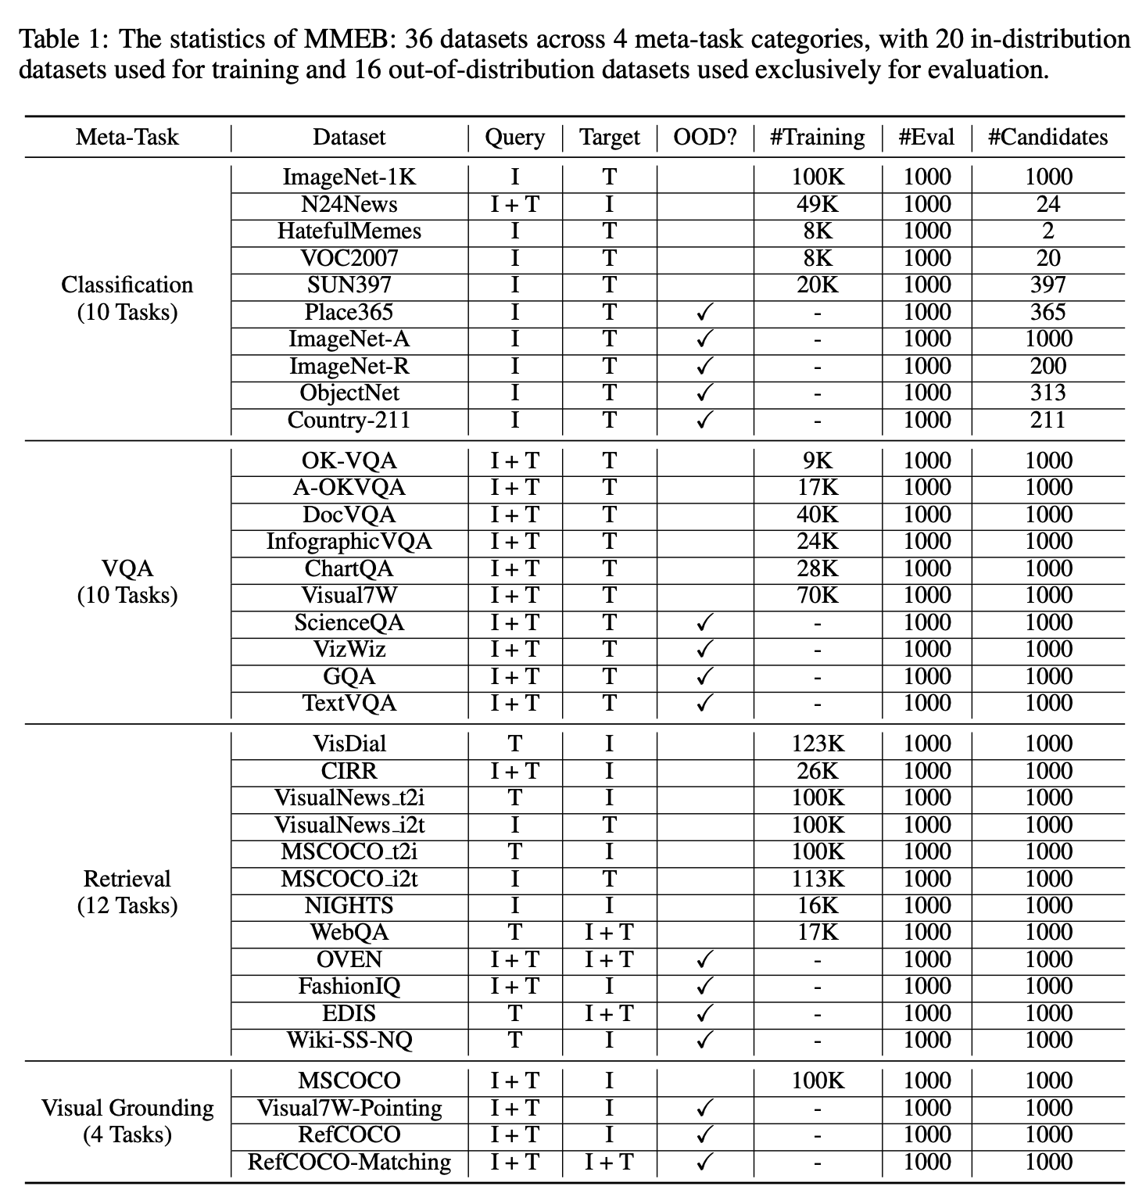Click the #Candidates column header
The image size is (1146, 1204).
point(1048,138)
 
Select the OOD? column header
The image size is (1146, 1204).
point(705,138)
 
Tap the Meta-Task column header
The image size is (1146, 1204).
point(127,138)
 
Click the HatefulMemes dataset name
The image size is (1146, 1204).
point(349,231)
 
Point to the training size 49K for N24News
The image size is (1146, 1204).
point(817,205)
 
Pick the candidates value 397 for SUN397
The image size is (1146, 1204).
point(1048,285)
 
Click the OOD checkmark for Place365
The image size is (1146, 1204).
point(705,313)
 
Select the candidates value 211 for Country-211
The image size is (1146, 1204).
point(1048,421)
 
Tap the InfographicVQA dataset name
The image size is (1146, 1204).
point(349,542)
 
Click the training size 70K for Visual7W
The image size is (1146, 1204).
point(817,596)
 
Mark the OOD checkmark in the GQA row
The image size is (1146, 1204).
point(705,677)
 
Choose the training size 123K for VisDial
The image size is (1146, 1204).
point(817,744)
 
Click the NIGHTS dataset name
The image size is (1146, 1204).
point(349,906)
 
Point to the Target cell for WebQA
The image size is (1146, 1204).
point(609,933)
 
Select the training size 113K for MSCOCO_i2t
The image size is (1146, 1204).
point(817,880)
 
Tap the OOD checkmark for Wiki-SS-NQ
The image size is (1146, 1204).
point(705,1041)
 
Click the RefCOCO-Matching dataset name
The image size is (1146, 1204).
point(349,1163)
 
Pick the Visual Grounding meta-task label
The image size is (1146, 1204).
point(127,1109)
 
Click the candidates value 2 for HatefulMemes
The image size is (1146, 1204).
point(1048,231)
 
